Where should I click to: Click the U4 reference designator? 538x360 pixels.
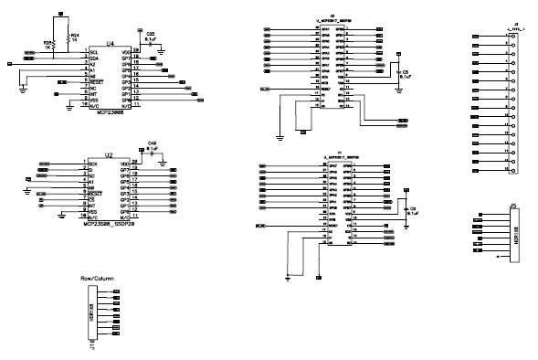coord(110,43)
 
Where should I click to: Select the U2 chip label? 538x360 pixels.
coord(109,155)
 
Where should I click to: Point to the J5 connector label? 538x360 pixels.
coord(513,206)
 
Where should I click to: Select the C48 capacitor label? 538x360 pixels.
coord(152,144)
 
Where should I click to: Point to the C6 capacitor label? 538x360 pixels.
coord(412,209)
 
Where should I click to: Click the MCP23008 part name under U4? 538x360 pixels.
coord(110,113)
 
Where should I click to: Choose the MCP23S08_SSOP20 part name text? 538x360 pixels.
coord(109,224)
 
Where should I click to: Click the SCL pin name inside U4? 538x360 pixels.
coord(93,51)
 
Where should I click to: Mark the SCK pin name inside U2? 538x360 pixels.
coord(92,163)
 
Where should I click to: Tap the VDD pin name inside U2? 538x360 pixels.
coord(125,163)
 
